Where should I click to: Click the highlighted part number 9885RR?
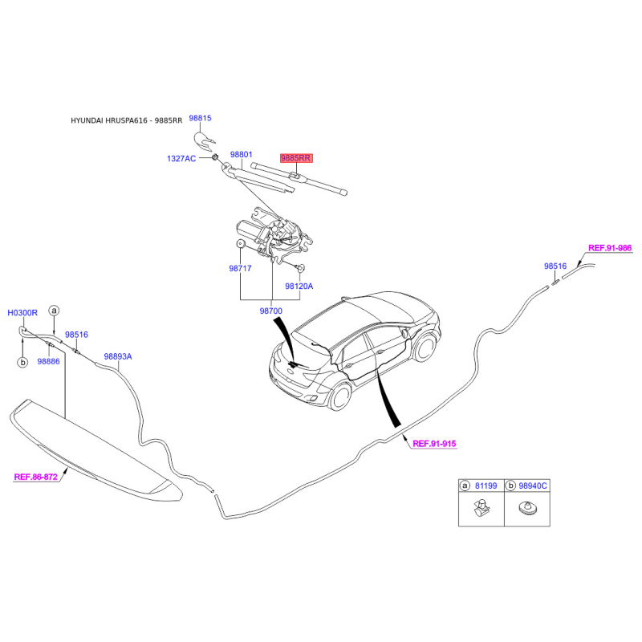click(x=296, y=158)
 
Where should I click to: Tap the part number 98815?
click(x=200, y=118)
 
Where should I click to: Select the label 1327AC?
click(x=181, y=158)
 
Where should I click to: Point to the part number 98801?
click(x=242, y=154)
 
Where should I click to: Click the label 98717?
click(x=240, y=269)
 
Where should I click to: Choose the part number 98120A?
click(x=299, y=286)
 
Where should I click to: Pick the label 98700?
click(x=271, y=311)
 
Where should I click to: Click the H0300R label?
click(x=22, y=313)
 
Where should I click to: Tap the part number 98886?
click(x=48, y=362)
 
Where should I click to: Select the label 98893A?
click(x=118, y=356)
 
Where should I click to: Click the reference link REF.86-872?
click(x=36, y=477)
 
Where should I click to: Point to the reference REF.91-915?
click(x=434, y=444)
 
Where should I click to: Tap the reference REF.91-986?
click(x=610, y=248)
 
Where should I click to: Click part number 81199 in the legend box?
click(x=486, y=486)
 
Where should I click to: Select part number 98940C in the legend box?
click(x=533, y=486)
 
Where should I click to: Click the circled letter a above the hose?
click(x=54, y=311)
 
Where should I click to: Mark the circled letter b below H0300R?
click(x=23, y=363)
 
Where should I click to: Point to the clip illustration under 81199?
click(x=481, y=508)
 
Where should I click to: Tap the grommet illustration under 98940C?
click(x=528, y=509)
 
